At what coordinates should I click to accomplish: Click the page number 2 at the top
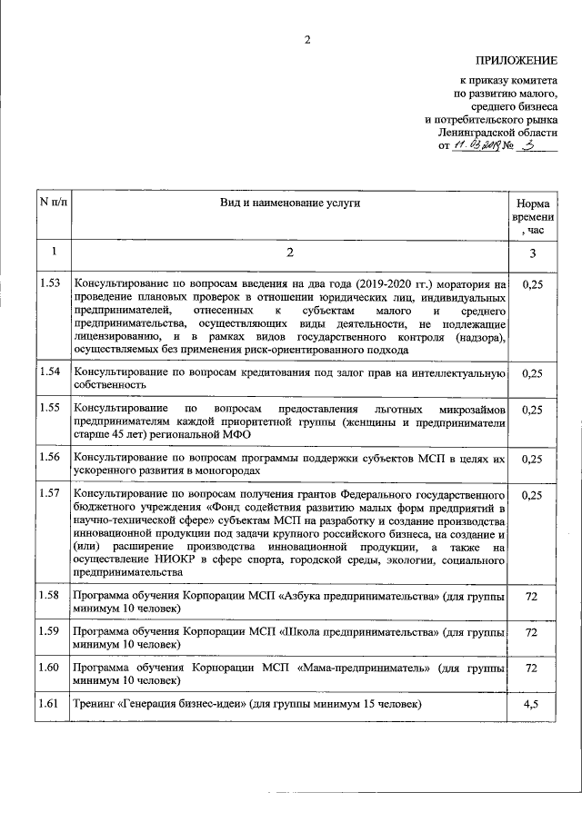tap(307, 40)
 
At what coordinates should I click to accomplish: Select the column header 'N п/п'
tap(53, 203)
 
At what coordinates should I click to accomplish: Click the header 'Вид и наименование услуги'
tap(289, 203)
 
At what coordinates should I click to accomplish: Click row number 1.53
tap(51, 284)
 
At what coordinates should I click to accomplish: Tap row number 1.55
tap(51, 409)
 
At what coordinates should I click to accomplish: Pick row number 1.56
tap(51, 459)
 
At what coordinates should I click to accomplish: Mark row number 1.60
tap(51, 668)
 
